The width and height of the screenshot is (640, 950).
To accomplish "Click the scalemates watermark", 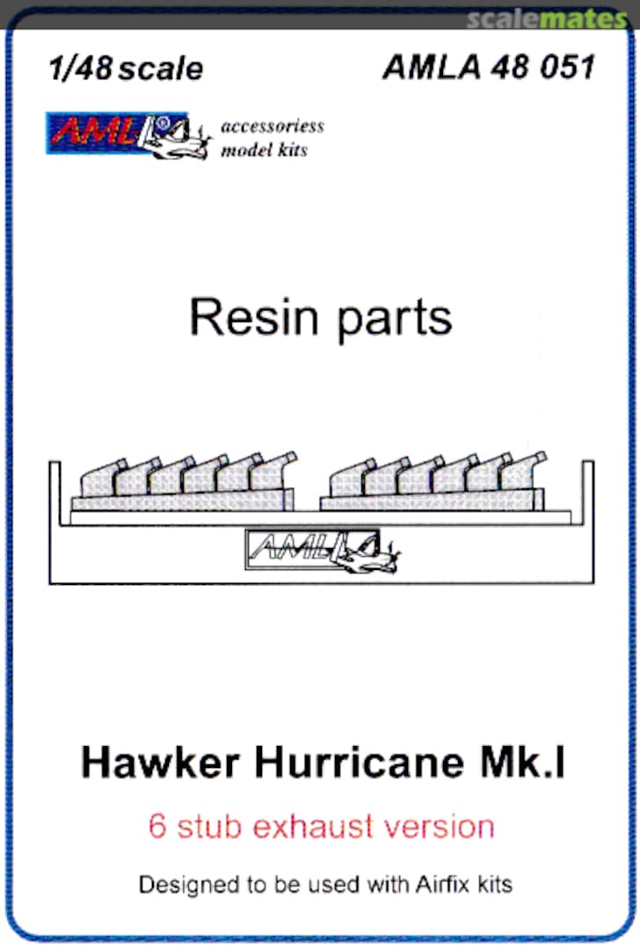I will point(546,18).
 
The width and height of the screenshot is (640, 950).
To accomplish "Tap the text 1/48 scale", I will point(127,69).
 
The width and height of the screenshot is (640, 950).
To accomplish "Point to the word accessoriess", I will point(272,126).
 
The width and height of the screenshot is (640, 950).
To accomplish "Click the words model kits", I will point(263,150).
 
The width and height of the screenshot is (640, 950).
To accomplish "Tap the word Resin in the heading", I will point(251,318).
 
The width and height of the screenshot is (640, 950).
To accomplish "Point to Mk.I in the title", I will point(530,763).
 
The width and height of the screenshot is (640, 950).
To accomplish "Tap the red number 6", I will point(156,827).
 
